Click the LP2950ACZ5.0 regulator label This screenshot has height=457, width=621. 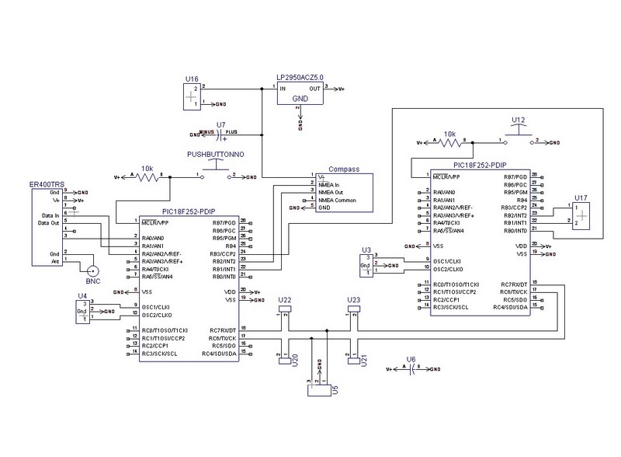point(300,78)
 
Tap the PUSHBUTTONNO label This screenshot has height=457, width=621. point(216,155)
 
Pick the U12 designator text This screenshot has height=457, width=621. point(519,119)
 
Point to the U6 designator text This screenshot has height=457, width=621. point(411,360)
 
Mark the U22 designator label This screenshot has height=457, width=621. point(284,300)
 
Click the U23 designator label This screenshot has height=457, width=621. point(354,300)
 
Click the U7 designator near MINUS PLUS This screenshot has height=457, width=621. point(221,124)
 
